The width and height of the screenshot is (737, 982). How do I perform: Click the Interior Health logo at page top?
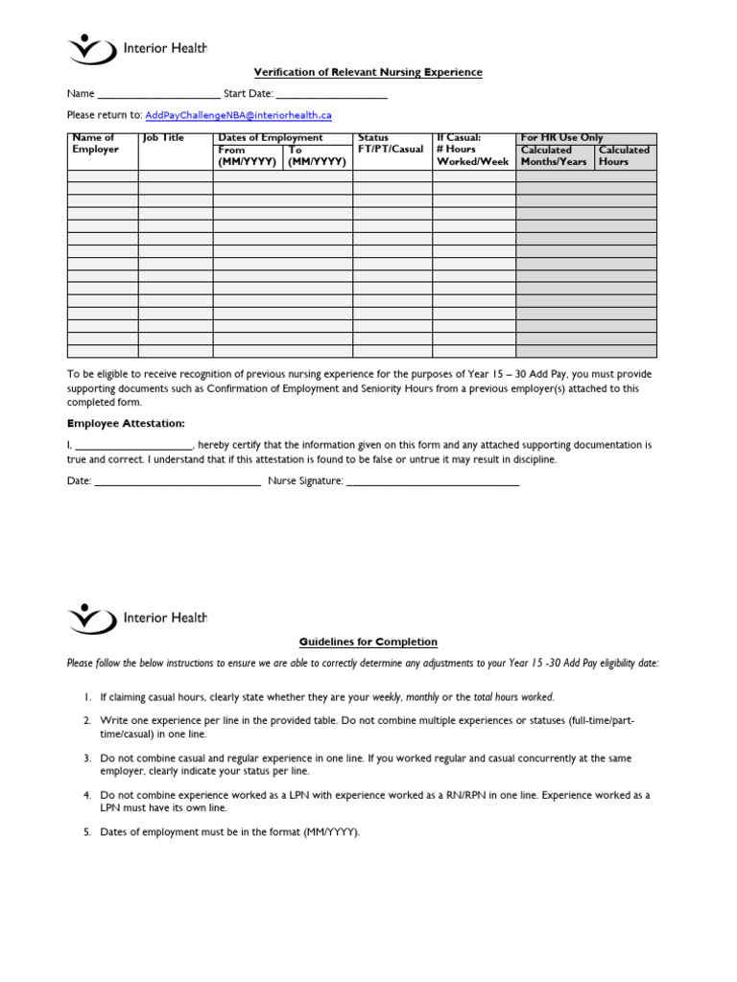point(137,48)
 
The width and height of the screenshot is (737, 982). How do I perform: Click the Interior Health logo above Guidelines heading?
point(137,618)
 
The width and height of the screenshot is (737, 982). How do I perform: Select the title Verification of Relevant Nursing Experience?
point(368,72)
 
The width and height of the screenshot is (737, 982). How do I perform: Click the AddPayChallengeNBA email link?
point(238,115)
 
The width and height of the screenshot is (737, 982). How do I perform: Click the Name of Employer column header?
point(95,144)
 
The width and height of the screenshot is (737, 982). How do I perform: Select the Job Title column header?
point(163,138)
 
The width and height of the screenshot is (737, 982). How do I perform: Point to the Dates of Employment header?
point(271,138)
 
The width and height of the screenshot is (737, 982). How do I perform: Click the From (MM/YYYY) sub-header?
point(247,156)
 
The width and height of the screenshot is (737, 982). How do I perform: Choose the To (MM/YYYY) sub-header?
point(317,156)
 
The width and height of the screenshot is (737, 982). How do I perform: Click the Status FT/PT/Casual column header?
point(390,144)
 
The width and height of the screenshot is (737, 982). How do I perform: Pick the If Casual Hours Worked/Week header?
point(472,151)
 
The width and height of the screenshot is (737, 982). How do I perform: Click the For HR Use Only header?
point(561,138)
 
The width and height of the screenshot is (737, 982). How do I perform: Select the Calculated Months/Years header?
point(554,156)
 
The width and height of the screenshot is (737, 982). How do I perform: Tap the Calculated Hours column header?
point(624,156)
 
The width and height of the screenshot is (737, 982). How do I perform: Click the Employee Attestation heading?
point(126,423)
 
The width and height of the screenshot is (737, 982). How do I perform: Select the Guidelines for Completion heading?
point(368,642)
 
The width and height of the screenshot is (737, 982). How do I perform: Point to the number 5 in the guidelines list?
point(86,832)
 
